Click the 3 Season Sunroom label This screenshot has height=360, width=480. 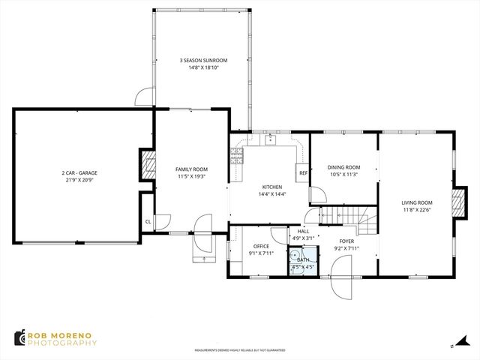tap(202, 60)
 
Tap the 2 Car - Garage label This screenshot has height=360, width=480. tap(79, 173)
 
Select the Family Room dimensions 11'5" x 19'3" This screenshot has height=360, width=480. tap(192, 177)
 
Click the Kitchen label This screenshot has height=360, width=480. tap(271, 187)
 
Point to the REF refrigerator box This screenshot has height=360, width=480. tap(303, 173)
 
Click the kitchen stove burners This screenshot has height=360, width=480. tap(237, 156)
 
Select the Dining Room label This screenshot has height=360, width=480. tap(344, 167)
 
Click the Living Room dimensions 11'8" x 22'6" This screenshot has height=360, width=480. tap(417, 210)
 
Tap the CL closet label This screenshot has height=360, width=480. tap(148, 221)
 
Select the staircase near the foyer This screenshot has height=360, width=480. tap(349, 215)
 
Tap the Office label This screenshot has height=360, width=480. tap(261, 246)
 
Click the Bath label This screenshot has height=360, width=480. tap(302, 259)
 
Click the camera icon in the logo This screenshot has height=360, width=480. tap(18, 338)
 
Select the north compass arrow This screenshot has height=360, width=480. tap(454, 345)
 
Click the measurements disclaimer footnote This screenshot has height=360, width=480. tap(240, 349)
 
